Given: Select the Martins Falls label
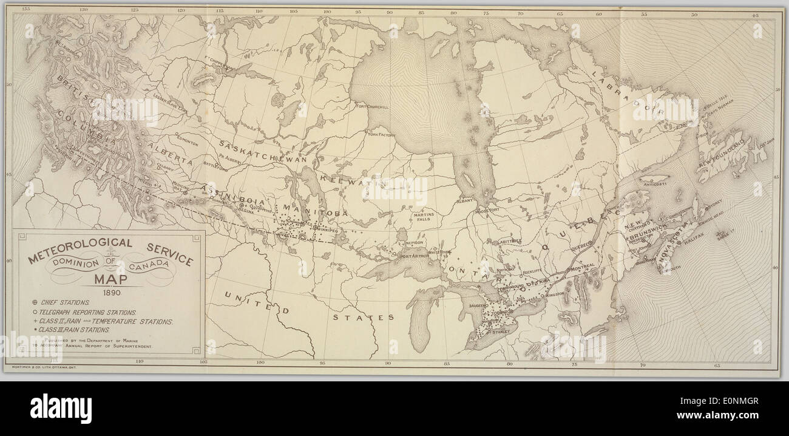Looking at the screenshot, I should click(x=422, y=218).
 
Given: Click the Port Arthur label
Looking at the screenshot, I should click(x=415, y=256).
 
